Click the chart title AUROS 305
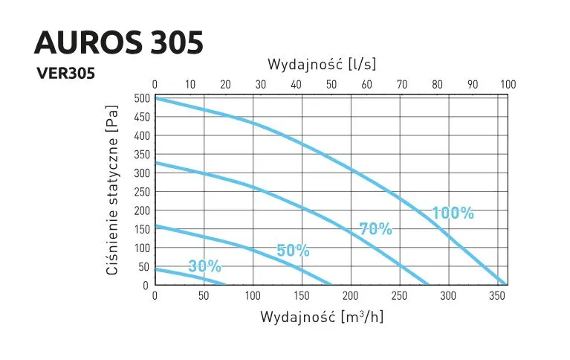(x=119, y=42)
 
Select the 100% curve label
(x=453, y=213)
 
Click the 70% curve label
(x=375, y=228)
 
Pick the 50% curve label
(x=293, y=251)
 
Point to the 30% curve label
(x=205, y=266)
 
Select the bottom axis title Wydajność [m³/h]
(x=321, y=317)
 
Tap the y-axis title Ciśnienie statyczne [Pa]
(x=113, y=190)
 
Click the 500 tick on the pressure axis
(x=140, y=98)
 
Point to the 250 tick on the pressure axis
(x=140, y=192)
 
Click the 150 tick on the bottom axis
(x=302, y=297)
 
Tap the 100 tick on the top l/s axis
(x=508, y=84)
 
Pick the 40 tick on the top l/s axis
(x=296, y=84)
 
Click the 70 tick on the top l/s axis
(x=402, y=84)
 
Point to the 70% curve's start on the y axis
(x=155, y=162)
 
